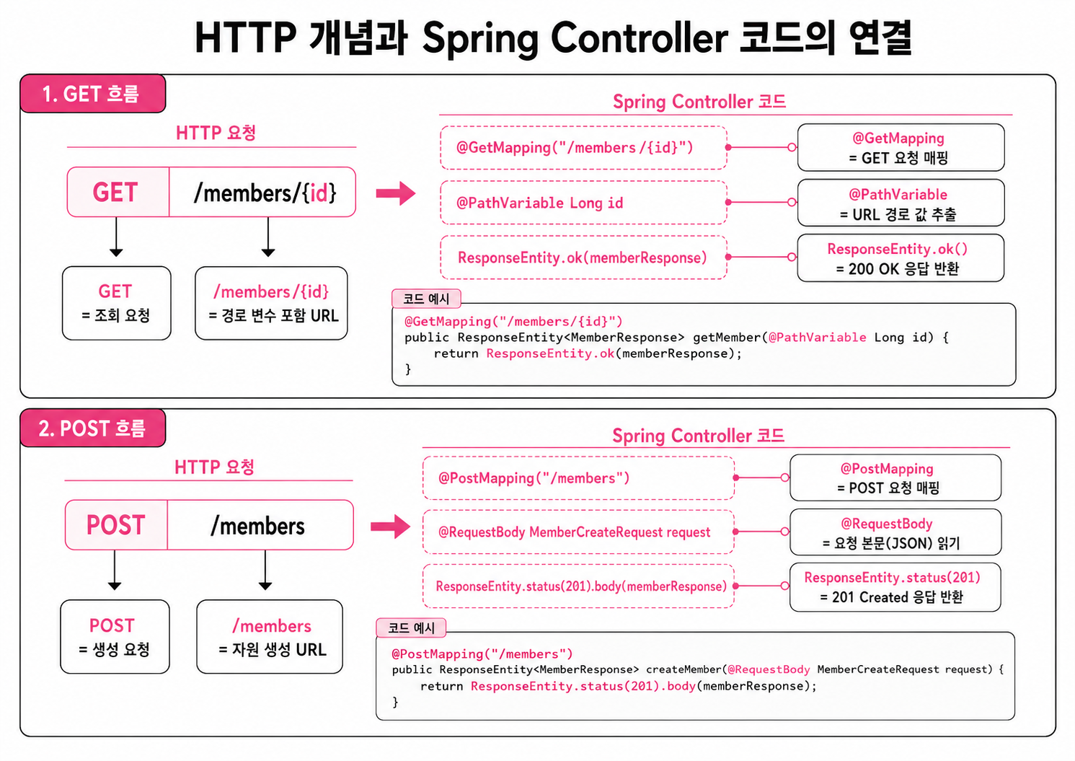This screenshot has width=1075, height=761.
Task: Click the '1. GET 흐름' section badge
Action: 92,94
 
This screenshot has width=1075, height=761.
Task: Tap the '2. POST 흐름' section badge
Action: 92,428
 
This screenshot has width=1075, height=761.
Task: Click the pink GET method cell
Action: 118,192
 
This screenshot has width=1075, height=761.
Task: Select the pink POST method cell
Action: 116,525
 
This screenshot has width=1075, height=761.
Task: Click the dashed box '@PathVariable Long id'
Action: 583,203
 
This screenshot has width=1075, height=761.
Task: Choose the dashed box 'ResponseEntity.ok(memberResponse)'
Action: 583,258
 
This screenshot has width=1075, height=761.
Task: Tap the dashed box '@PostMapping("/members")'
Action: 578,478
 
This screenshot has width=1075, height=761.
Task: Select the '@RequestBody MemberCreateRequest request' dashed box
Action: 578,532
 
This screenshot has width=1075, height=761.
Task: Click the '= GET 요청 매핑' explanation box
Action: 901,147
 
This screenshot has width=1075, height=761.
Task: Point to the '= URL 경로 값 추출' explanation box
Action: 901,203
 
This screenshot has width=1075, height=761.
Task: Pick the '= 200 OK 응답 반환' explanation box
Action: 901,258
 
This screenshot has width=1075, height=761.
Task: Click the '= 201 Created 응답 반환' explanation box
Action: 895,587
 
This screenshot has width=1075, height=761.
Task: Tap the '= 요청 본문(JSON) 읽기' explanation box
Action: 895,532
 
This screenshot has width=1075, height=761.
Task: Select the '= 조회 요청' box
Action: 117,304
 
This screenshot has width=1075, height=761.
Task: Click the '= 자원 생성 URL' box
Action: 270,637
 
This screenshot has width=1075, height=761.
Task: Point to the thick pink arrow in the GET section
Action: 395,193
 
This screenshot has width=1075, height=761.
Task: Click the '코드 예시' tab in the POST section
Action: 411,628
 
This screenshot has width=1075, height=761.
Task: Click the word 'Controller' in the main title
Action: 640,38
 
